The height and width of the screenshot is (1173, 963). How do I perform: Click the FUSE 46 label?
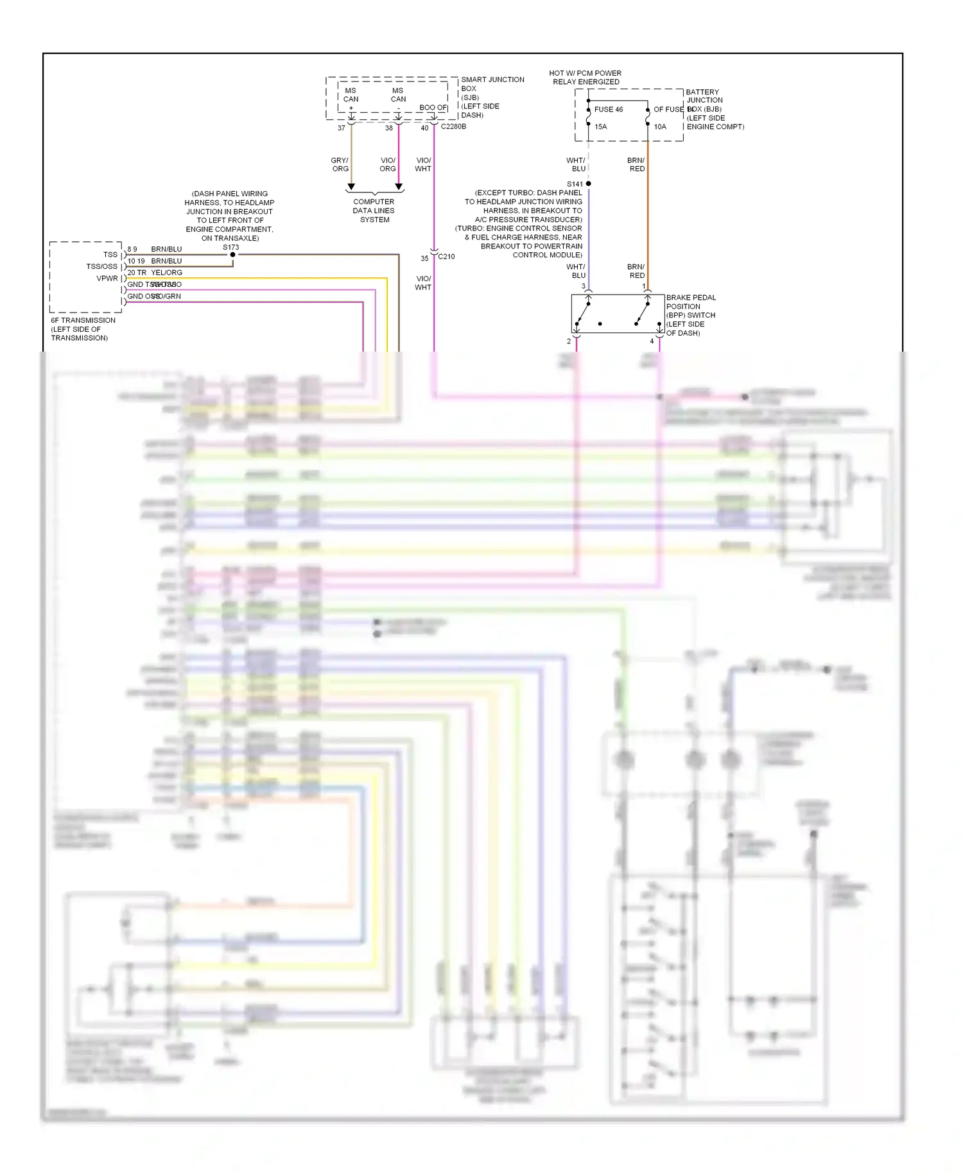pyautogui.click(x=608, y=109)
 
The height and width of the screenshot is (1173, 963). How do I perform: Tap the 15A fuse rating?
pyautogui.click(x=600, y=126)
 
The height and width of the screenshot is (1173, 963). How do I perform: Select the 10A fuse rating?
pyautogui.click(x=660, y=126)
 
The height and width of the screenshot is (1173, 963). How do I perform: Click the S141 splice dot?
pyautogui.click(x=588, y=184)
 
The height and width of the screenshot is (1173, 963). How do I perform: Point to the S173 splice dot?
pyautogui.click(x=232, y=255)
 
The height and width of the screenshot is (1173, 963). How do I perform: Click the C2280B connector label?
pyautogui.click(x=453, y=126)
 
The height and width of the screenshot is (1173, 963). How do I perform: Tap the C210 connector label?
pyautogui.click(x=446, y=257)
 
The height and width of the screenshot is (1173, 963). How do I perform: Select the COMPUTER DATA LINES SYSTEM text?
pyautogui.click(x=374, y=210)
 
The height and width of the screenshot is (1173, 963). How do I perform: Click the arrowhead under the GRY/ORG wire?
pyautogui.click(x=351, y=187)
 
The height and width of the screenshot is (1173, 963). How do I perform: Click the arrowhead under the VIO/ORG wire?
pyautogui.click(x=399, y=187)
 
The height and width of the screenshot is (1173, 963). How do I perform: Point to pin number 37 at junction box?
pyautogui.click(x=342, y=128)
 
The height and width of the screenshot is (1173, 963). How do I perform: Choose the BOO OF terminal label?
pyautogui.click(x=433, y=108)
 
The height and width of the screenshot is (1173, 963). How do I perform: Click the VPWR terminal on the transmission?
pyautogui.click(x=107, y=278)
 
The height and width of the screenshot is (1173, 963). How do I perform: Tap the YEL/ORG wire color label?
pyautogui.click(x=167, y=273)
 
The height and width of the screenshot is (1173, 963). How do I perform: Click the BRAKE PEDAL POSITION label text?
pyautogui.click(x=691, y=302)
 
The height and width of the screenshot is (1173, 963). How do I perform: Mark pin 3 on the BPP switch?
pyautogui.click(x=584, y=286)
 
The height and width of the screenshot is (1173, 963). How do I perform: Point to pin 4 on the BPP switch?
pyautogui.click(x=652, y=341)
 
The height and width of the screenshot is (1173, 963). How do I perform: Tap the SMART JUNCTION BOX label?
pyautogui.click(x=492, y=84)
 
